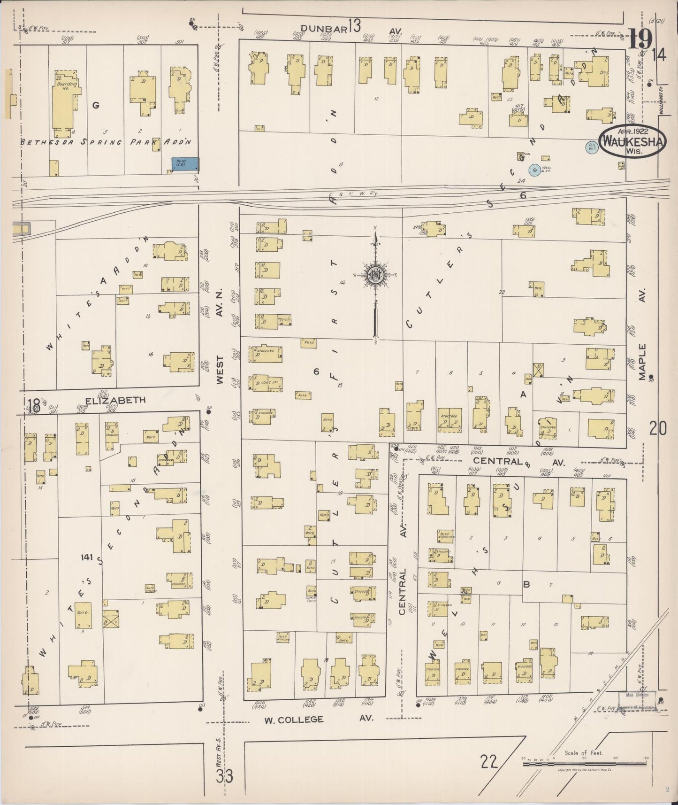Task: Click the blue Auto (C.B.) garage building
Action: [x=185, y=164]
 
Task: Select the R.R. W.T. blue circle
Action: [x=591, y=147]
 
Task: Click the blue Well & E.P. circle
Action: [x=533, y=170]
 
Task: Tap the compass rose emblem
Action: [x=375, y=275]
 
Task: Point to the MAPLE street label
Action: [x=642, y=362]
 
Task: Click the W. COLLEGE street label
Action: [x=293, y=719]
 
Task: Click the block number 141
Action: [x=87, y=557]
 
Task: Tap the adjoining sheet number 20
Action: [x=657, y=428]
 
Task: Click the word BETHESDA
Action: [x=39, y=142]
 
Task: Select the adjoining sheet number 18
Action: [x=33, y=404]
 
